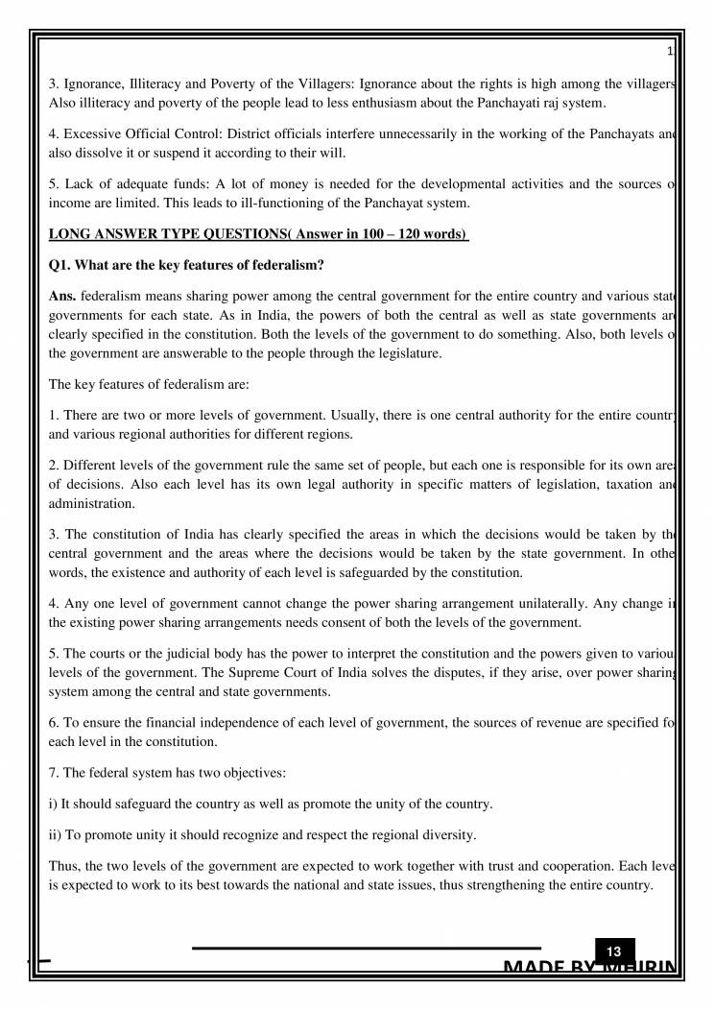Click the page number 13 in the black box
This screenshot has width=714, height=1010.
(614, 951)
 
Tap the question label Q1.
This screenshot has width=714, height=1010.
(60, 266)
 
